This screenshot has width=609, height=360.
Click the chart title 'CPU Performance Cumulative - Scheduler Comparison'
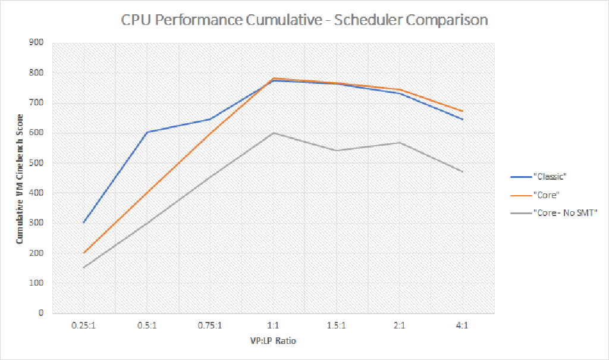[304, 20]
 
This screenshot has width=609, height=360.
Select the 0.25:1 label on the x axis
[84, 325]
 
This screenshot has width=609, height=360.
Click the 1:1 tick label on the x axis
[274, 325]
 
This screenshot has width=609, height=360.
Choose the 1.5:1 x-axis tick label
[337, 325]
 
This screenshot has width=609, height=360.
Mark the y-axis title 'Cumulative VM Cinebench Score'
[20, 179]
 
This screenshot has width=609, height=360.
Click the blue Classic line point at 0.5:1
[147, 132]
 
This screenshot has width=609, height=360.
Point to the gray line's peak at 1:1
[274, 133]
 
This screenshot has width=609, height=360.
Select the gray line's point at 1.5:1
[337, 151]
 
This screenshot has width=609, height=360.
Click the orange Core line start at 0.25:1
[84, 253]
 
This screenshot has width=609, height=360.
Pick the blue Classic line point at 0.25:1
[84, 223]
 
